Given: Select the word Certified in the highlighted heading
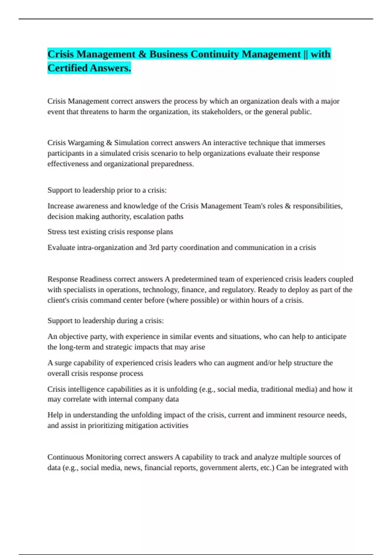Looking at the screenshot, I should coord(67,68).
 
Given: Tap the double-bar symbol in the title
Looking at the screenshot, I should coord(305,54).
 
